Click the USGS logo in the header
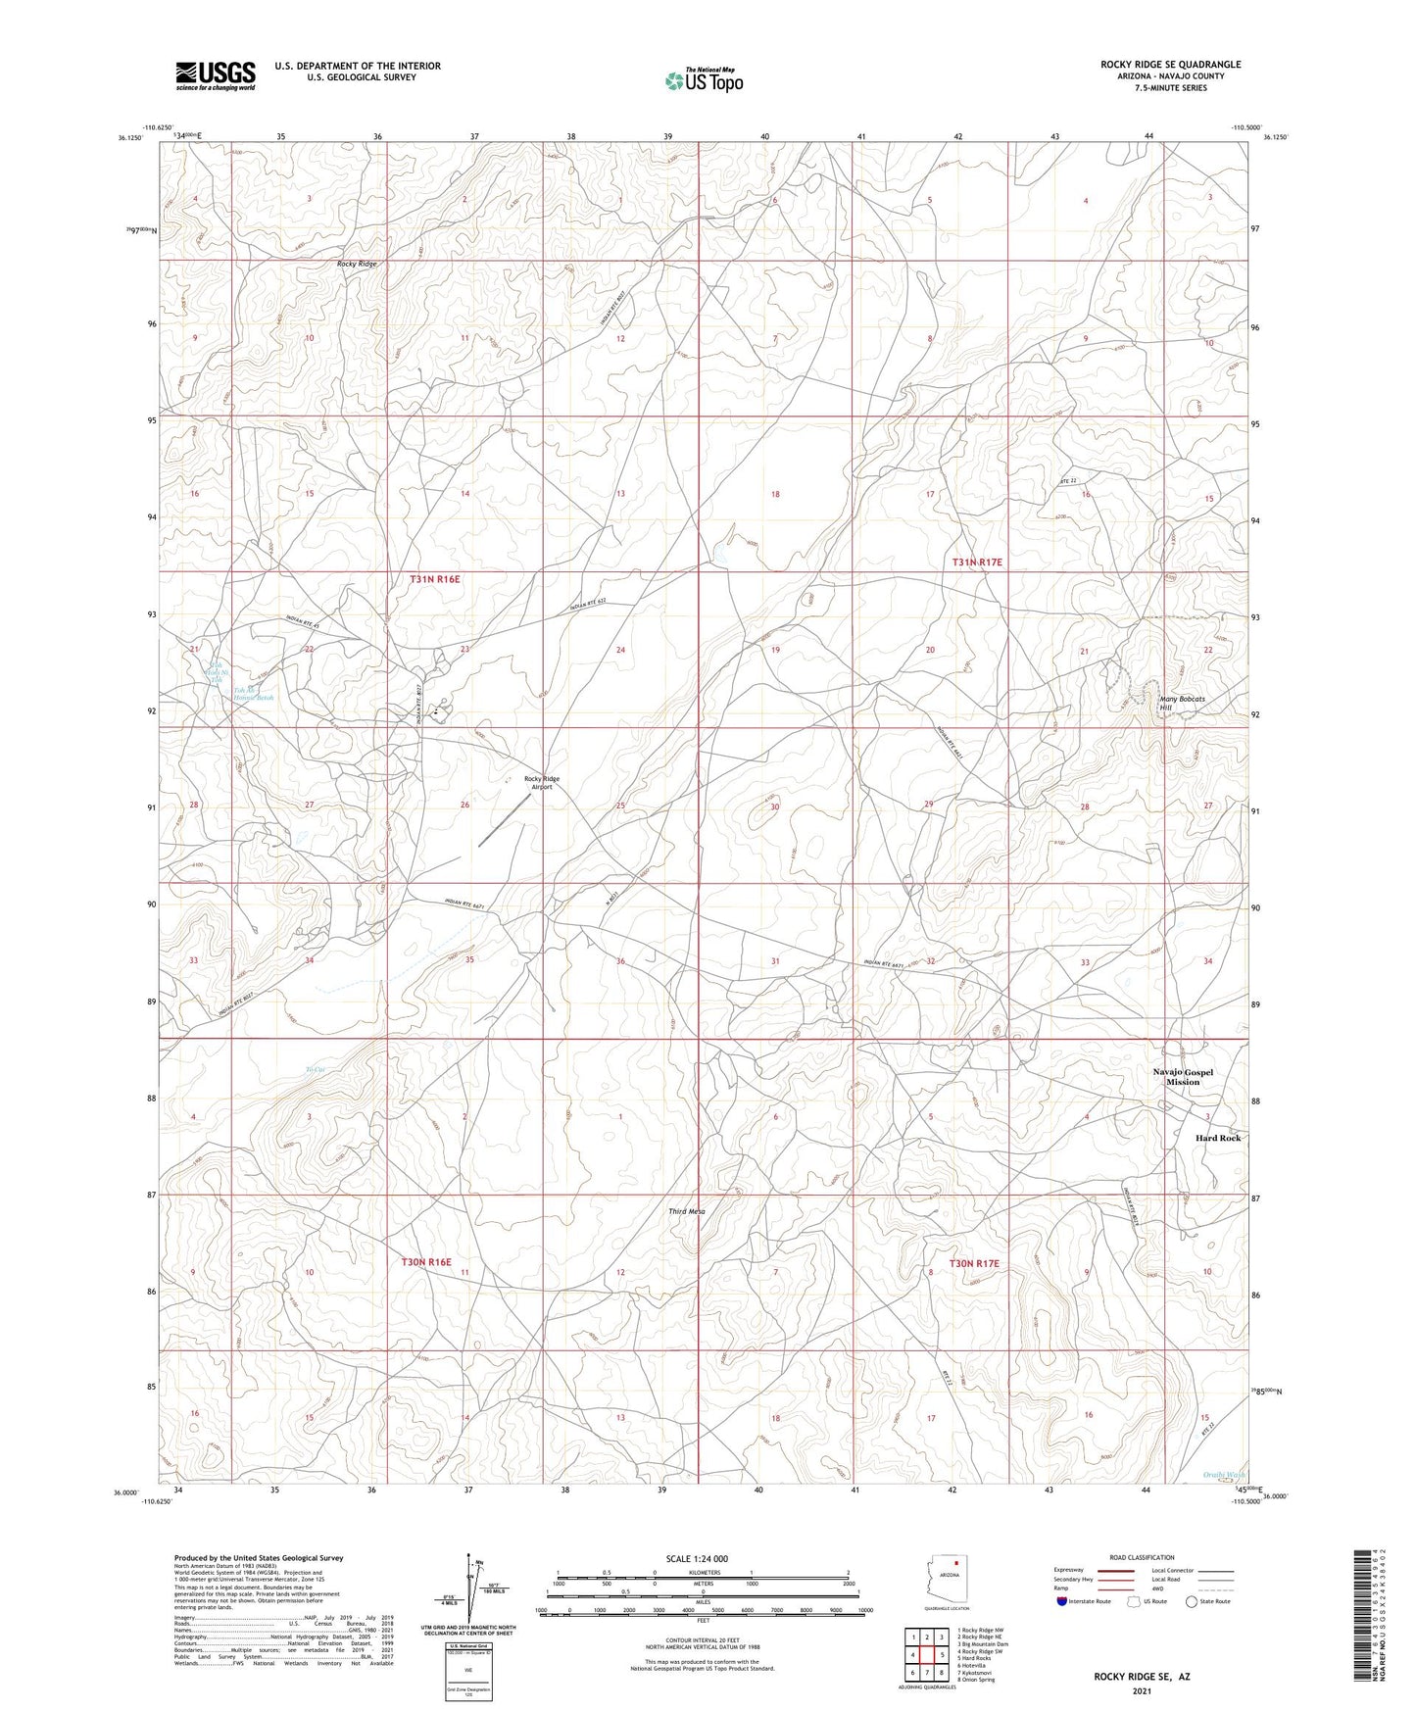[215, 75]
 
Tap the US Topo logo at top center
[703, 79]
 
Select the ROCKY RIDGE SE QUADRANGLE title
[1170, 65]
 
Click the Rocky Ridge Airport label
[542, 782]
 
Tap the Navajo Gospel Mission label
[1183, 1076]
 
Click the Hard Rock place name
[1217, 1138]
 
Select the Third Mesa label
[687, 1211]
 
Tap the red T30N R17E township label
[974, 1263]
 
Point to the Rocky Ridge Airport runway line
[504, 820]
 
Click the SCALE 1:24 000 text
[697, 1559]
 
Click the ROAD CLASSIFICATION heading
[1142, 1557]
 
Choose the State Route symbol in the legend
[1192, 1601]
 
